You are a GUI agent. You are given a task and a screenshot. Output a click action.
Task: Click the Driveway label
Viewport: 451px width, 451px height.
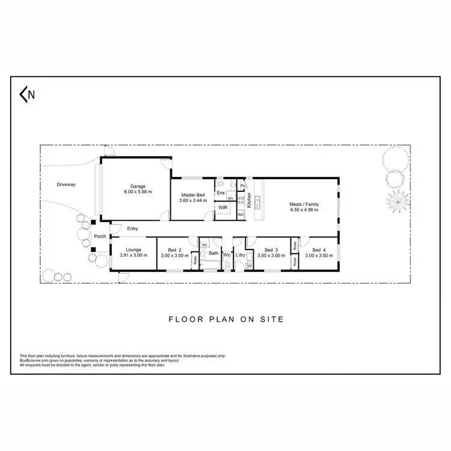pyautogui.click(x=66, y=185)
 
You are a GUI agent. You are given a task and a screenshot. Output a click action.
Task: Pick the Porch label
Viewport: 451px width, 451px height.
pyautogui.click(x=100, y=236)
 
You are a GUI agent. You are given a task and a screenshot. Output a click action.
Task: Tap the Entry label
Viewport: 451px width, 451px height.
pyautogui.click(x=132, y=228)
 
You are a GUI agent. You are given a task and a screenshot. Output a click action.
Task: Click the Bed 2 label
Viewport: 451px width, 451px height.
pyautogui.click(x=175, y=250)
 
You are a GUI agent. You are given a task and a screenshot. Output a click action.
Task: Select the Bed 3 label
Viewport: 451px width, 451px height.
pyautogui.click(x=271, y=250)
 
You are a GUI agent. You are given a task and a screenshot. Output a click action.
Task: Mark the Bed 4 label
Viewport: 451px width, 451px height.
pyautogui.click(x=319, y=250)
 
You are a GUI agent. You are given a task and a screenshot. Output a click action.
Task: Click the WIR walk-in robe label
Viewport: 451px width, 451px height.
pyautogui.click(x=222, y=207)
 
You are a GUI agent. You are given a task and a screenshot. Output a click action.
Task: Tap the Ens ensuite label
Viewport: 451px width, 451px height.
pyautogui.click(x=221, y=193)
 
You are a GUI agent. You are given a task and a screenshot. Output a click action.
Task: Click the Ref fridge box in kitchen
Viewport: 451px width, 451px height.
pyautogui.click(x=241, y=214)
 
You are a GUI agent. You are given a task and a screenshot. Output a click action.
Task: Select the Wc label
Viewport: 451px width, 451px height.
pyautogui.click(x=227, y=254)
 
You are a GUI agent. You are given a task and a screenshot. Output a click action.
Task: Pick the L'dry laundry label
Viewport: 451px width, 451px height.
pyautogui.click(x=241, y=254)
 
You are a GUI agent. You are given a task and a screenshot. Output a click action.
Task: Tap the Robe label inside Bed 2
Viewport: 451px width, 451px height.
pyautogui.click(x=195, y=261)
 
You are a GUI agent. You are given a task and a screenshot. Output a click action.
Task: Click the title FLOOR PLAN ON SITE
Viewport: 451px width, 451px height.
pyautogui.click(x=226, y=320)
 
